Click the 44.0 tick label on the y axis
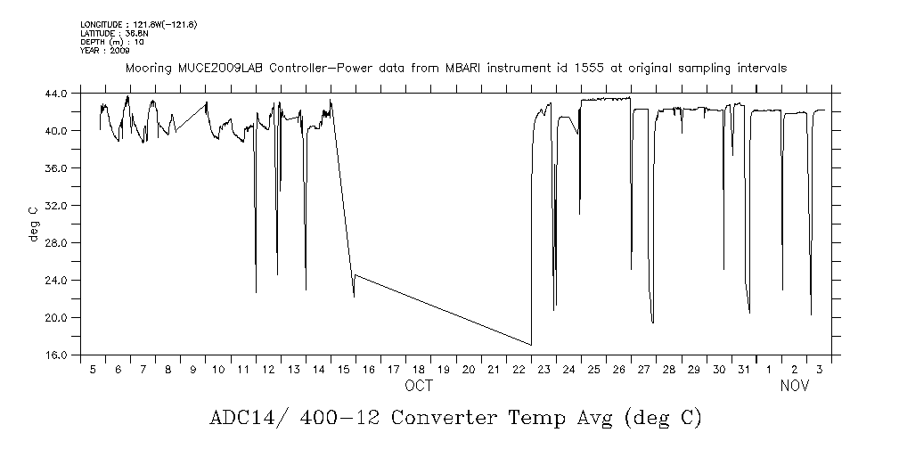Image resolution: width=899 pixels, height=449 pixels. tap(56, 94)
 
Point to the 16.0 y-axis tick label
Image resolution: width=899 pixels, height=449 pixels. tap(56, 355)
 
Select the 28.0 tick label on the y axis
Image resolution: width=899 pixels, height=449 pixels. tap(56, 243)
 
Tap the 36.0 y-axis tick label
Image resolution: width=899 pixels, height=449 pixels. tap(56, 168)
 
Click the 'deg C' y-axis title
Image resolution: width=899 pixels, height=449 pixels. tap(33, 224)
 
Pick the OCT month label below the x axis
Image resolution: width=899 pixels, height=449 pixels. tap(419, 386)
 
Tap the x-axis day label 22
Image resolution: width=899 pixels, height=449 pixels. tap(518, 369)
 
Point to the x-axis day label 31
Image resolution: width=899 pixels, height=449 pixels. tap(743, 369)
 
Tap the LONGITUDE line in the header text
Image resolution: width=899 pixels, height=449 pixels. tap(138, 25)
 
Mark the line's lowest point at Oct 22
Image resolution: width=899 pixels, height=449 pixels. tap(531, 345)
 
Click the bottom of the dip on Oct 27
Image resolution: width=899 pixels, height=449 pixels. tap(653, 322)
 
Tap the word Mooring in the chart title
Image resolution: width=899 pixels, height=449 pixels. tap(148, 69)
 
